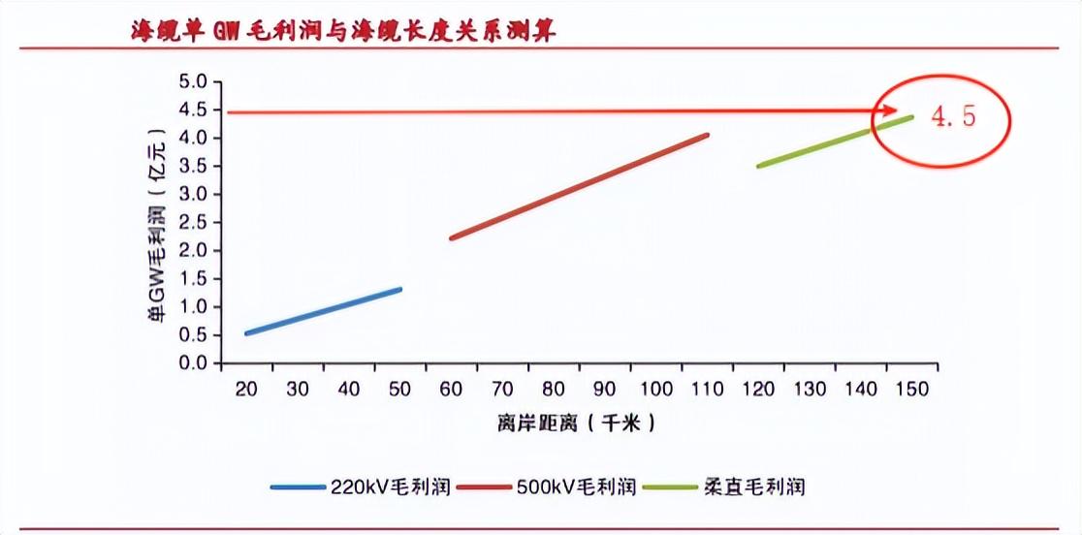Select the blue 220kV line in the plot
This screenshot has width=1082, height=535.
pyautogui.click(x=323, y=311)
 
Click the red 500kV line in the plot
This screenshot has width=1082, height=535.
pyautogui.click(x=579, y=186)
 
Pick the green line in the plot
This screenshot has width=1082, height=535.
pyautogui.click(x=835, y=142)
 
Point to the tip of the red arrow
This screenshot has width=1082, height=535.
pyautogui.click(x=898, y=111)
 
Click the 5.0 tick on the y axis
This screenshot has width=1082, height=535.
pyautogui.click(x=194, y=82)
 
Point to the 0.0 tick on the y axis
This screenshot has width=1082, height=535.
pyautogui.click(x=194, y=363)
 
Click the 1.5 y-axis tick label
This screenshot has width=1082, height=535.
pyautogui.click(x=194, y=279)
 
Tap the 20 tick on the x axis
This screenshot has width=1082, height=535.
pyautogui.click(x=246, y=389)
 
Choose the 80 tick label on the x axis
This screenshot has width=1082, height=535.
pyautogui.click(x=554, y=389)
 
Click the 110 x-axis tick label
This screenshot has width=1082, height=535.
pyautogui.click(x=707, y=389)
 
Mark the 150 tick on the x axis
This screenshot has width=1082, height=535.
pyautogui.click(x=912, y=389)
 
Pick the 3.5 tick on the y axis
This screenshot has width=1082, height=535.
pyautogui.click(x=194, y=167)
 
